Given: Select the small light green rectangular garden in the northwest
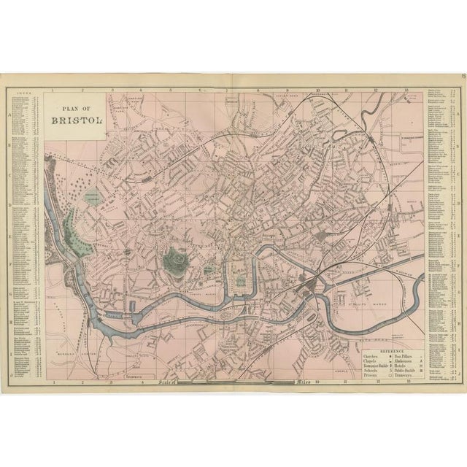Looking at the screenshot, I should coord(93,197).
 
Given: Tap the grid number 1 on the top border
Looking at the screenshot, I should coord(54,92).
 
